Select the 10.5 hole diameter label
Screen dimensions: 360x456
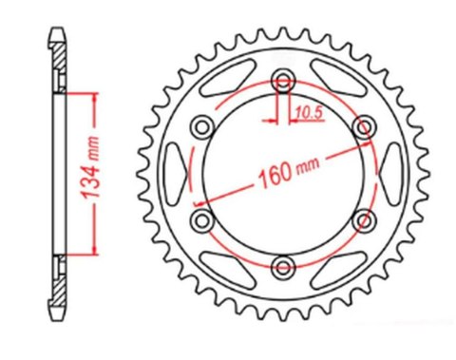coord(307,113)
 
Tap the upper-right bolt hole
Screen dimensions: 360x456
coord(362,126)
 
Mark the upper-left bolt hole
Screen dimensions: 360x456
coord(202,126)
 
